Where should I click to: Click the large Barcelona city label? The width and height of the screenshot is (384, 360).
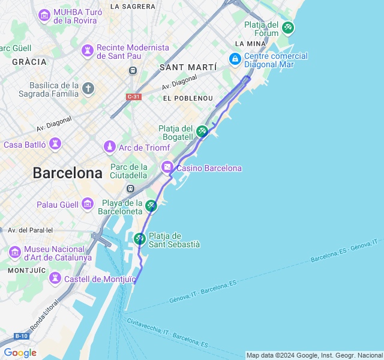(x=67, y=173)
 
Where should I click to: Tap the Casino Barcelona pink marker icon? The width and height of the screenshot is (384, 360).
(x=167, y=167)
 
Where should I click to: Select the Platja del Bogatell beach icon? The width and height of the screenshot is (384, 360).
(x=202, y=131)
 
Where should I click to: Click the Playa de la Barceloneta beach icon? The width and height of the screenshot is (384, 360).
(x=151, y=206)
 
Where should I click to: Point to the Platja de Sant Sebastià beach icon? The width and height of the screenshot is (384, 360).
(x=139, y=239)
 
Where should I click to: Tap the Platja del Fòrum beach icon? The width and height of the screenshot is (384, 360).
(x=288, y=27)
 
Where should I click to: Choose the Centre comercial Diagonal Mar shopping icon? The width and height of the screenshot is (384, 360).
(x=235, y=59)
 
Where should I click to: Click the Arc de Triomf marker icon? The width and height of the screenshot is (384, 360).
(x=109, y=147)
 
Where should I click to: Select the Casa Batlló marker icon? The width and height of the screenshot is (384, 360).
(x=55, y=144)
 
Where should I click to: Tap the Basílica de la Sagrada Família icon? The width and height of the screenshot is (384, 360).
(x=88, y=89)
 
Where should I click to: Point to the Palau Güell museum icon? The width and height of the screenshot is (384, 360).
(x=88, y=204)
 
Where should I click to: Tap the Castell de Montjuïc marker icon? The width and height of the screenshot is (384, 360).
(x=55, y=278)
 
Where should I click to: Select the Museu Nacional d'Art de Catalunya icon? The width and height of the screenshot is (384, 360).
(x=15, y=253)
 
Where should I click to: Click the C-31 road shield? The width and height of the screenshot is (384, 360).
(x=133, y=97)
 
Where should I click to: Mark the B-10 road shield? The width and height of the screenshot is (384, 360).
(x=21, y=336)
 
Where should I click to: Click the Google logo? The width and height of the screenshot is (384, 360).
(x=20, y=353)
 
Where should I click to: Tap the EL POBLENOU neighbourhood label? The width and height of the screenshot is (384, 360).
(x=188, y=98)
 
